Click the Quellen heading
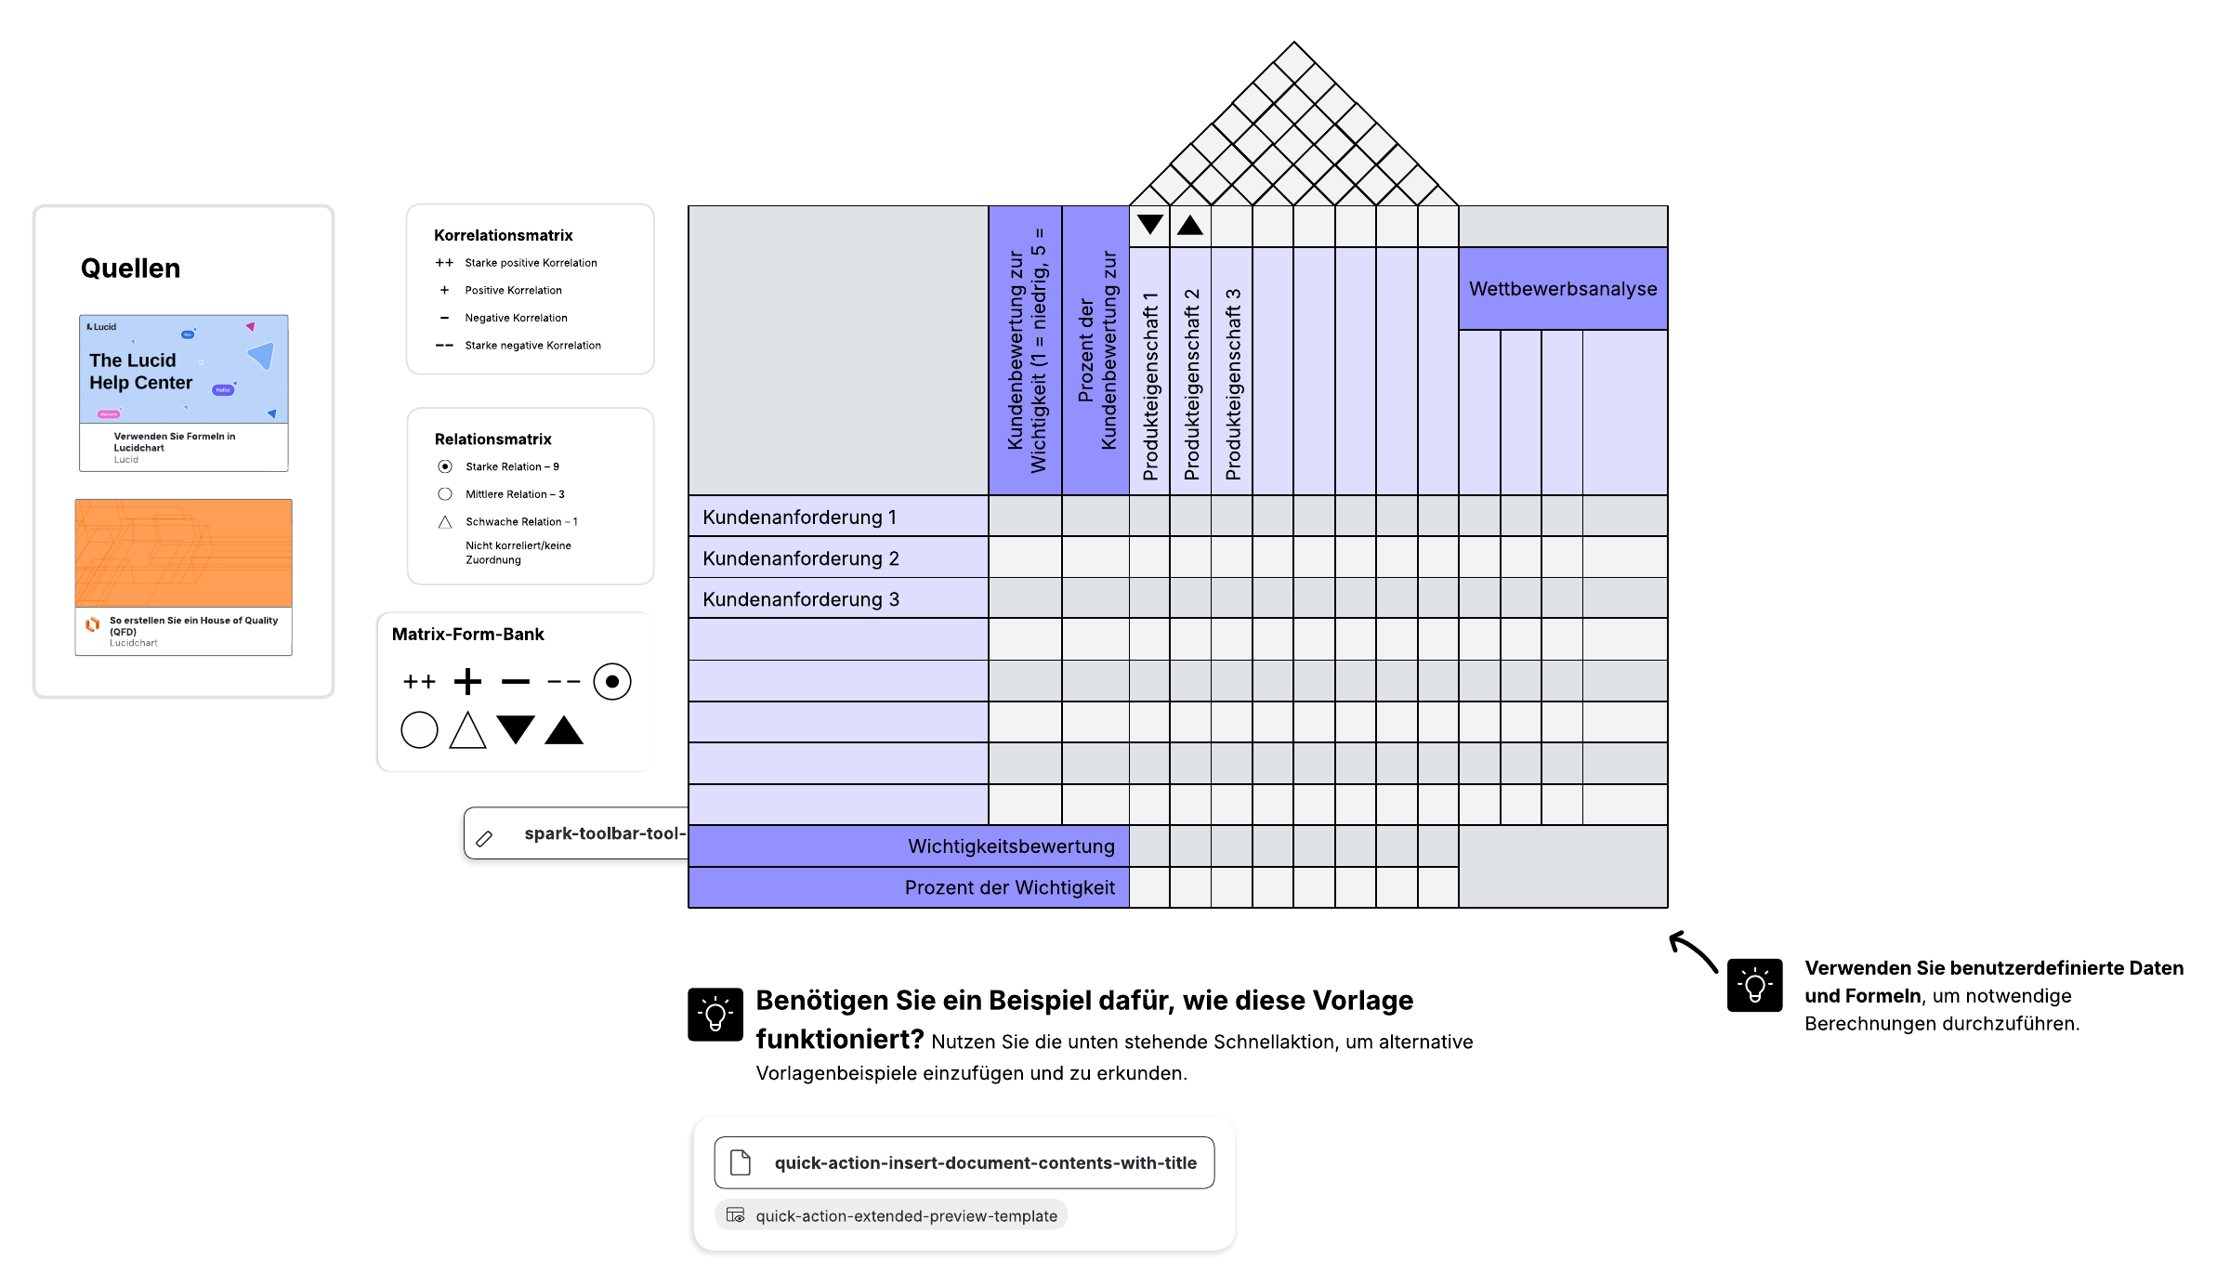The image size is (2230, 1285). pos(130,269)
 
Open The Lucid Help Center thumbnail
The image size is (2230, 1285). pos(183,370)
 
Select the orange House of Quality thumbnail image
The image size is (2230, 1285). pos(183,553)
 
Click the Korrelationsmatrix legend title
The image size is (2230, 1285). pos(503,235)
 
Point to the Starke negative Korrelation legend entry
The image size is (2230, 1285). pos(532,346)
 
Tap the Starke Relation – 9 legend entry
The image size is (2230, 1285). pos(512,466)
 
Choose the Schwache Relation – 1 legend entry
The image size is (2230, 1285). pos(520,522)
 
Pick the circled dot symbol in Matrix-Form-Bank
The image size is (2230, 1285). pos(611,682)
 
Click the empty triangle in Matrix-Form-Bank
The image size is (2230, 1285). pos(467,730)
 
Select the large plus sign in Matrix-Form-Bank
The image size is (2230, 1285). pos(467,682)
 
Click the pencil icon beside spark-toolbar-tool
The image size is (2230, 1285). pos(484,838)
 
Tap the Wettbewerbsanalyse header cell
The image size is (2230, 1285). pos(1563,289)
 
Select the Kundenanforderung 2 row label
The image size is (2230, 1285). pos(800,558)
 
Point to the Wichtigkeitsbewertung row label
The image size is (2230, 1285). pos(1011,846)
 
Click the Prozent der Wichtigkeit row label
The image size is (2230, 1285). pos(1009,887)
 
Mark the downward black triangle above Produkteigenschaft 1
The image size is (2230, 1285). pos(1149,225)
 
